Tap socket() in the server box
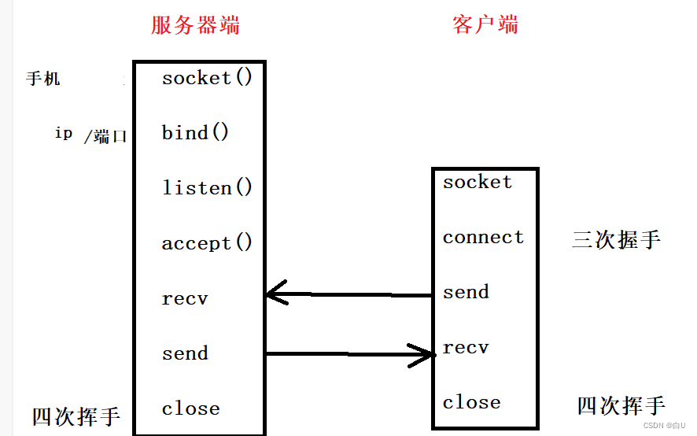[x=208, y=78]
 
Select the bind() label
[x=196, y=132]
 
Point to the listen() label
[x=208, y=188]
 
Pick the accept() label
[x=208, y=243]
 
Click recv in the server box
[x=185, y=299]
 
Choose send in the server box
[x=185, y=353]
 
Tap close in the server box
[x=190, y=408]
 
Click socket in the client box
[x=477, y=183]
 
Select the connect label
[x=483, y=238]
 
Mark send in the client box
[x=466, y=292]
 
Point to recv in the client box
[x=466, y=347]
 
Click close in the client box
[x=471, y=402]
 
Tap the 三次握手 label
[x=616, y=239]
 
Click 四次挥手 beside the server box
[x=76, y=416]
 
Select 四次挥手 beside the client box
[x=621, y=405]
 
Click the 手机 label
[x=43, y=79]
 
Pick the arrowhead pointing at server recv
[x=275, y=295]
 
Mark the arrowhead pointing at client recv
[x=426, y=355]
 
